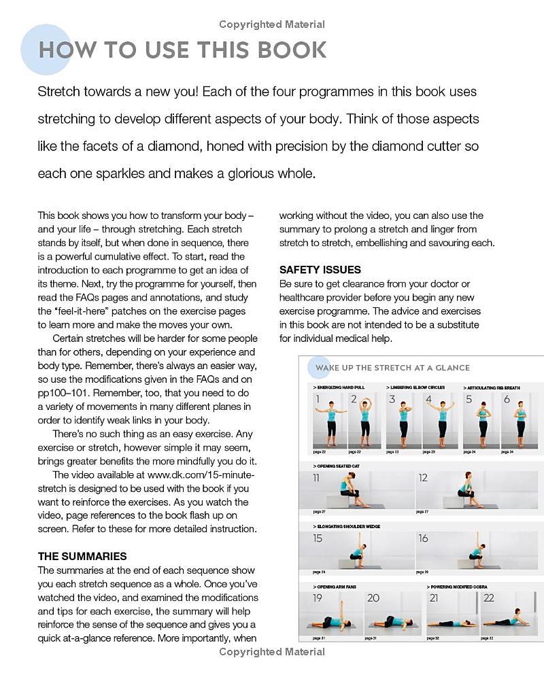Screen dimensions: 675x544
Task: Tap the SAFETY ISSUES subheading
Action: pyautogui.click(x=320, y=270)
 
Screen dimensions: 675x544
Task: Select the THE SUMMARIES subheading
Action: pyautogui.click(x=82, y=556)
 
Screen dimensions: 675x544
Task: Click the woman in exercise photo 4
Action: pyautogui.click(x=441, y=420)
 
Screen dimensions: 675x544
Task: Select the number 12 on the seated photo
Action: pyautogui.click(x=424, y=478)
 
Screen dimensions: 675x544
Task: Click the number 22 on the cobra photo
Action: pyautogui.click(x=489, y=598)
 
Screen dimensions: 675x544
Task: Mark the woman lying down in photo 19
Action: pyautogui.click(x=335, y=621)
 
